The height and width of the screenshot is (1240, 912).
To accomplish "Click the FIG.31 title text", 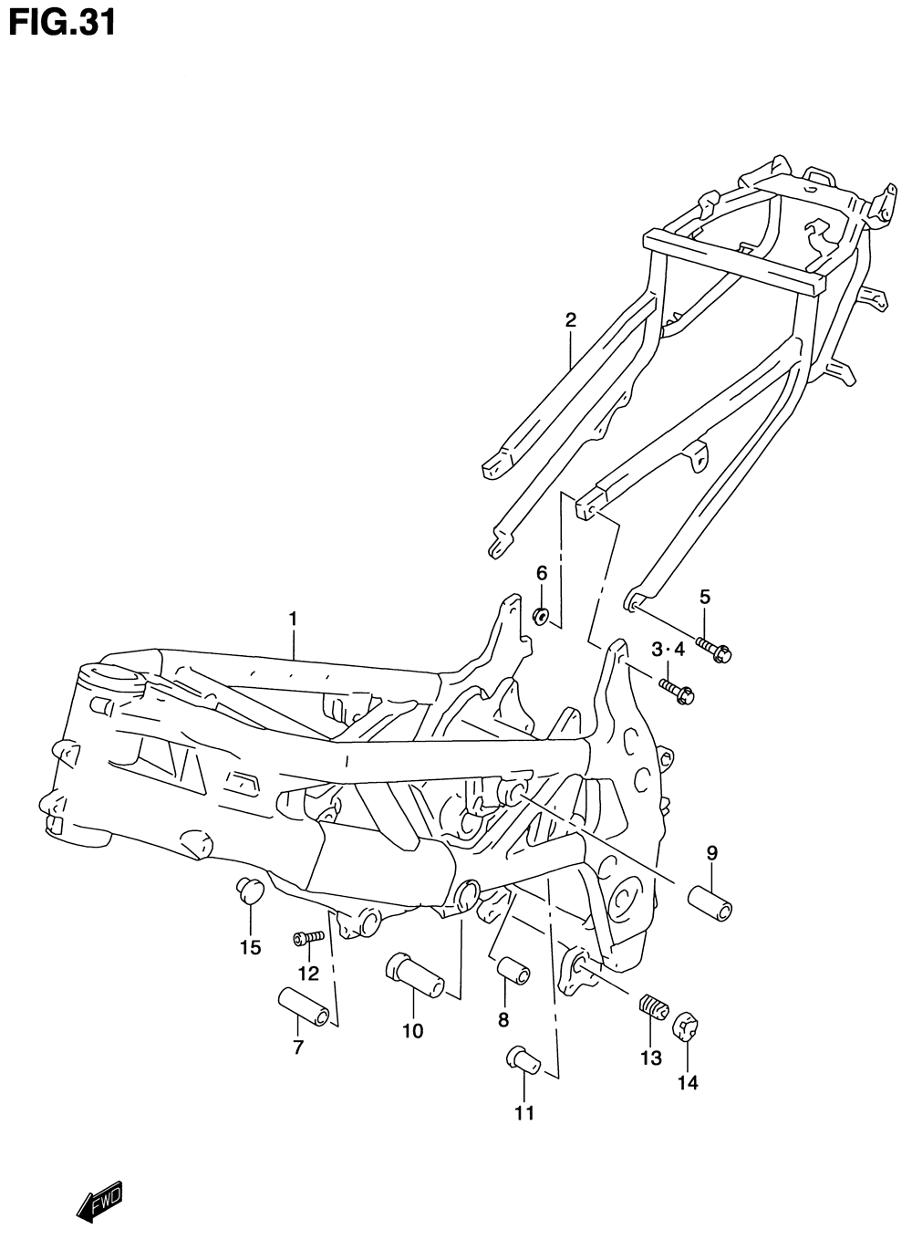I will click(x=62, y=24).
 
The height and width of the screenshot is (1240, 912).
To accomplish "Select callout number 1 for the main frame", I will click(x=293, y=619).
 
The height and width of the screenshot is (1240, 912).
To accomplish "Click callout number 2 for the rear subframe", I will click(x=571, y=319).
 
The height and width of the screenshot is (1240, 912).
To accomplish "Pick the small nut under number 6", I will click(x=540, y=616).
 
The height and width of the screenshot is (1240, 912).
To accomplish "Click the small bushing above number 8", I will click(x=513, y=970).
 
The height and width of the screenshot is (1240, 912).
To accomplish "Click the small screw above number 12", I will click(x=309, y=937).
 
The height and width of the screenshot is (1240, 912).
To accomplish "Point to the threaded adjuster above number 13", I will click(x=652, y=1010).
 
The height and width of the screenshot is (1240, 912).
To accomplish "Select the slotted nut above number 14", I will click(x=685, y=1028).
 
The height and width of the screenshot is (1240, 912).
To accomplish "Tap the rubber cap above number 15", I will click(x=249, y=888).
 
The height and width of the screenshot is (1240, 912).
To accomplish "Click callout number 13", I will click(x=650, y=1058).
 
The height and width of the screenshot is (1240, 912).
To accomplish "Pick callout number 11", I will click(x=523, y=1112).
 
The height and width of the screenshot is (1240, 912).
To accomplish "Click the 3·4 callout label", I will click(x=667, y=649).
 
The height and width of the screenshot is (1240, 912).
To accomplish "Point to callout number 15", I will click(x=250, y=947).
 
